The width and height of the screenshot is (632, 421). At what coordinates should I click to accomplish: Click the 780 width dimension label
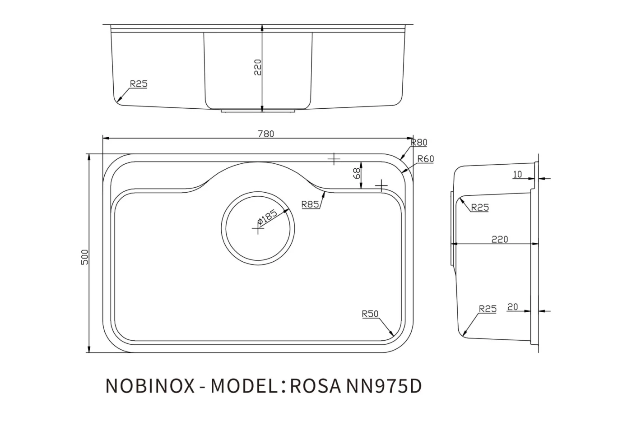[266, 134]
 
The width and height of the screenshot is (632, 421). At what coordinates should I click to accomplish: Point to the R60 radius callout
[425, 159]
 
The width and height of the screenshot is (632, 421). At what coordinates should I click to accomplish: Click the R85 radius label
[310, 204]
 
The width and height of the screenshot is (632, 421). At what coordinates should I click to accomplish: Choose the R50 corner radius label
[370, 314]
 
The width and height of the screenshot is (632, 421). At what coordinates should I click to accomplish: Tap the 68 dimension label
[357, 174]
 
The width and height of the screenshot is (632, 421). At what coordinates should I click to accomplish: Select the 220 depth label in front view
[258, 67]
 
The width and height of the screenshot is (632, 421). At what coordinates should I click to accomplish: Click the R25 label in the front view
[139, 83]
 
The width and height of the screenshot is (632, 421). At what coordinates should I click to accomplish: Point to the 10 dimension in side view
[517, 175]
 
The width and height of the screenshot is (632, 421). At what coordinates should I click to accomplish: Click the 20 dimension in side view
[512, 307]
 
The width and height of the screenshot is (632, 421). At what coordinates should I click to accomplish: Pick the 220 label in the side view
[499, 239]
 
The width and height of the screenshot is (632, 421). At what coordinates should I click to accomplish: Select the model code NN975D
[383, 386]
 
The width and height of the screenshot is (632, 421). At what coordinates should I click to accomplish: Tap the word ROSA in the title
[315, 386]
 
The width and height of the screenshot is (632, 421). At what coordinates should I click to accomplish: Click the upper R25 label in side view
[479, 208]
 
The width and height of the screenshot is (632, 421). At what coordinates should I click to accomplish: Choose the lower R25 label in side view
[488, 309]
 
